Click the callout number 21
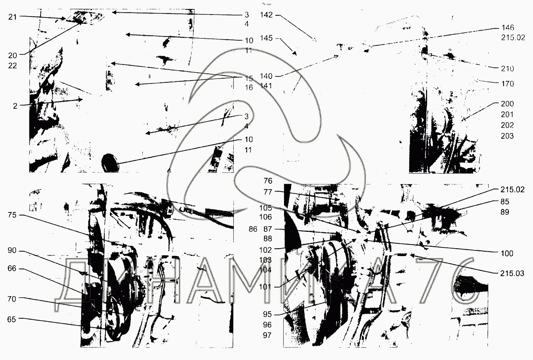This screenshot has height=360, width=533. pos(13,17)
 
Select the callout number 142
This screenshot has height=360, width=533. pos(266,15)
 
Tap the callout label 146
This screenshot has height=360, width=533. pos(508,28)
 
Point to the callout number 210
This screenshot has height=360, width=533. pos(508,69)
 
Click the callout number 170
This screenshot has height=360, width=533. pos(508,84)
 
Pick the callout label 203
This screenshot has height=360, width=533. pos(507,136)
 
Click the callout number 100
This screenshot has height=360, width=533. pos(507,253)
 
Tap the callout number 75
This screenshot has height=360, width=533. pos(12,215)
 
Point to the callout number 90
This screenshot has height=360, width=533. pos(12,250)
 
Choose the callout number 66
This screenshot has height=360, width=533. pos(12,268)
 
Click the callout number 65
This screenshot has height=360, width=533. pos(12,319)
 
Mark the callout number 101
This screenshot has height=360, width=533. pos(267,287)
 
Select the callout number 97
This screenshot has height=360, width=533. pos(267,335)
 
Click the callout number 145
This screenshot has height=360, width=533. pos(266,38)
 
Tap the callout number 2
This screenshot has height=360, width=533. pos(15,106)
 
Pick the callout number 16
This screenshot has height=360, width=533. pos(249,88)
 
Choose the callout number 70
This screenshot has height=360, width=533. pos(12,299)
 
